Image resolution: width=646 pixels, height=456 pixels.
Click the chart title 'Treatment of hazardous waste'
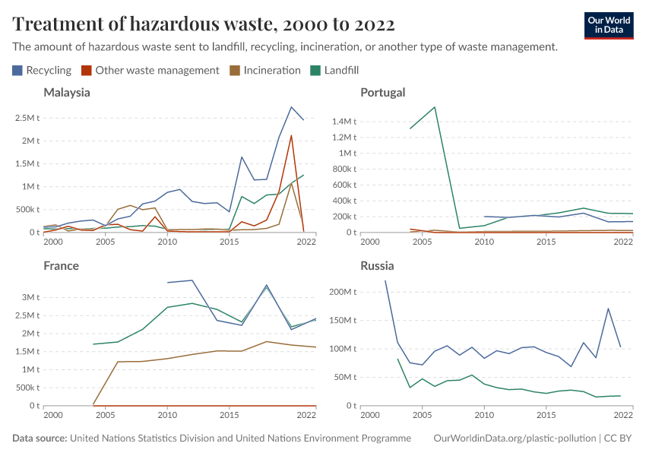point(204,24)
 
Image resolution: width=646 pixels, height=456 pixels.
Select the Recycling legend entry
point(42,70)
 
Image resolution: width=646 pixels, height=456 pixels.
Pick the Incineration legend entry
point(265,70)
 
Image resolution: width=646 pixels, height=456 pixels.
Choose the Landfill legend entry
point(334,70)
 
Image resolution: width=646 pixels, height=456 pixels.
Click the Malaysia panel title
point(67,93)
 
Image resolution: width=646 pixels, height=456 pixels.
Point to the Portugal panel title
point(383,93)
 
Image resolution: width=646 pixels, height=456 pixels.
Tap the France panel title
point(61,266)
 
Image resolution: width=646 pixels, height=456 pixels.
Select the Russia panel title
point(377,266)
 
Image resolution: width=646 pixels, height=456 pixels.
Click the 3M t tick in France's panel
point(30,297)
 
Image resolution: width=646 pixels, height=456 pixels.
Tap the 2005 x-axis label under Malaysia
point(105,242)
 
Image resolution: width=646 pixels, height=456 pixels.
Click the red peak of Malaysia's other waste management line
point(291,136)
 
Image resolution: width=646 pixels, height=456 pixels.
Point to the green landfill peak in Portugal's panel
point(435,107)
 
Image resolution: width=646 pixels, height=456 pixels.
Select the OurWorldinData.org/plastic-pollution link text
point(514,439)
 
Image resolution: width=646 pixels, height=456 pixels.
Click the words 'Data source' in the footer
point(39,439)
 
